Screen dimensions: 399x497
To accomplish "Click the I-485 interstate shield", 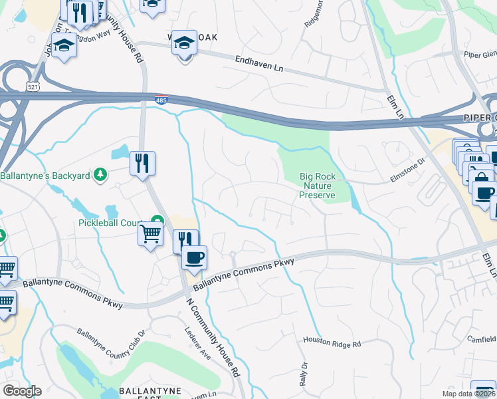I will pyautogui.click(x=161, y=100).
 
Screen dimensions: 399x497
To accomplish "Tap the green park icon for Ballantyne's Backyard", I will pyautogui.click(x=100, y=174).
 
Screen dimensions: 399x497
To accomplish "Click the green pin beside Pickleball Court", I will pyautogui.click(x=157, y=221).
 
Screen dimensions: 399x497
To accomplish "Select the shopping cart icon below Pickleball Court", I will pyautogui.click(x=150, y=234).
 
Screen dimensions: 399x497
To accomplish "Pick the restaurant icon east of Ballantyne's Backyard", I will pyautogui.click(x=142, y=162).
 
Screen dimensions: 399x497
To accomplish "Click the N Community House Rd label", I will pyautogui.click(x=212, y=338).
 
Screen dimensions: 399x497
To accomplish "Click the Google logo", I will pyautogui.click(x=22, y=391).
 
